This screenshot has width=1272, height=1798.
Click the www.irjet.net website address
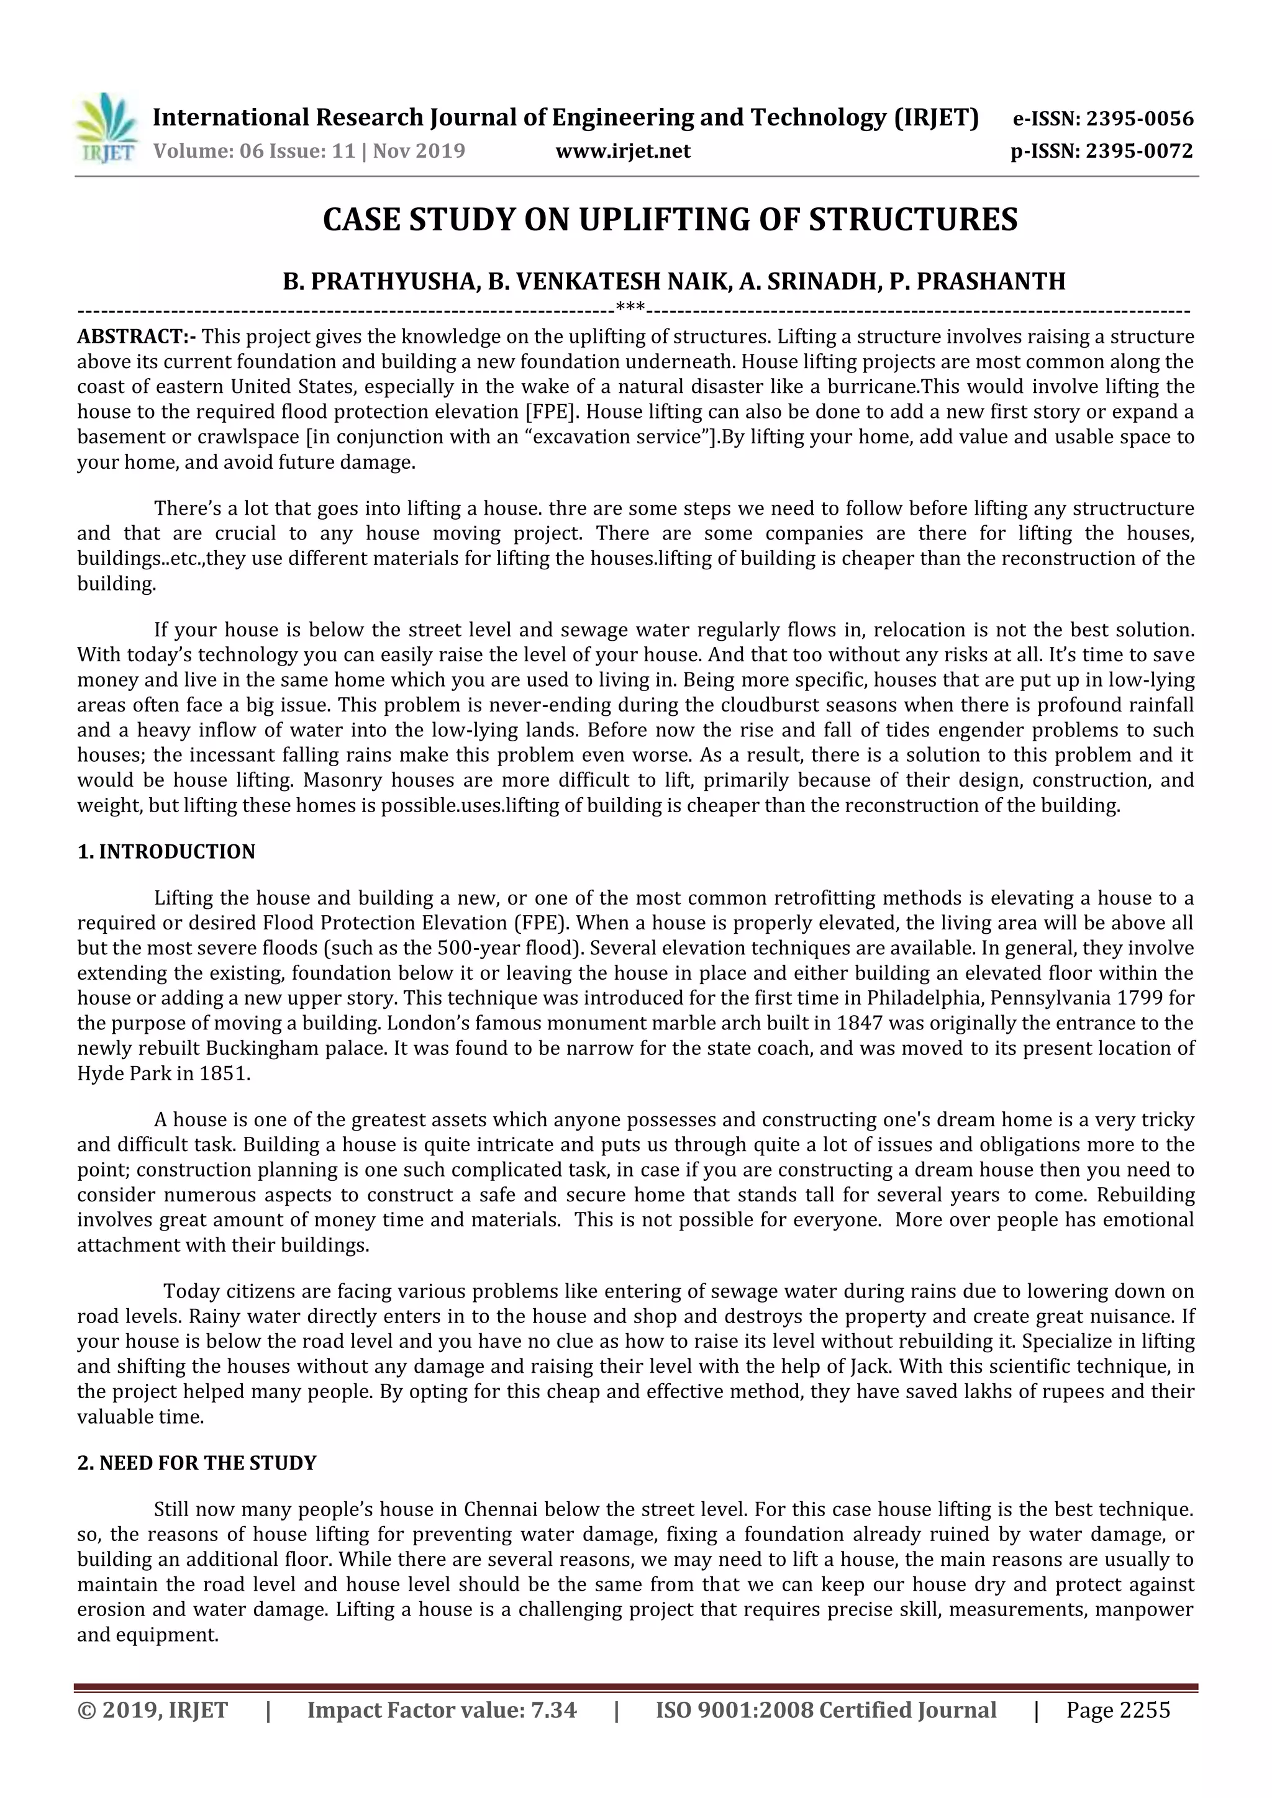(623, 151)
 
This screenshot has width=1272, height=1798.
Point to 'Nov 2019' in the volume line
(419, 151)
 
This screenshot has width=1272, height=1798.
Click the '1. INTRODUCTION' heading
(166, 852)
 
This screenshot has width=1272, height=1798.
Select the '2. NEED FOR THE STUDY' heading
(197, 1463)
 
